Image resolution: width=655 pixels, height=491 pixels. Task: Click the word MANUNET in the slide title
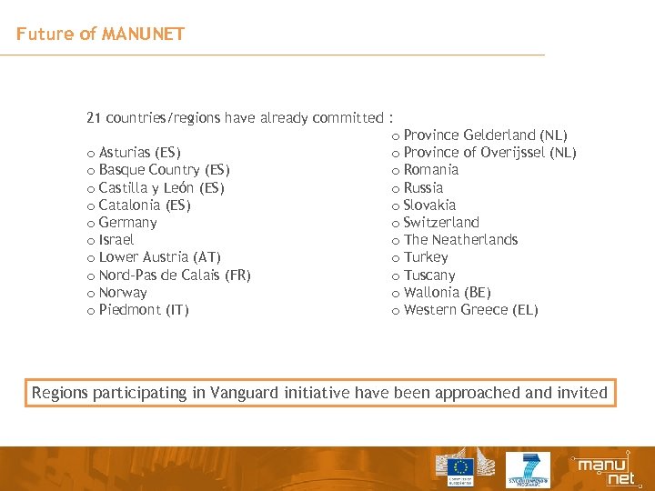coord(144,35)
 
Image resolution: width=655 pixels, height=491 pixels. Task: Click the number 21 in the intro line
coord(94,117)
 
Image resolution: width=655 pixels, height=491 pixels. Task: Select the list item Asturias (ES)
coord(139,153)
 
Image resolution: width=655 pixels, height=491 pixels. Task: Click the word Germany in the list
coord(127,223)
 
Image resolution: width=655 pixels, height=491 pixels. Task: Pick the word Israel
coord(116,240)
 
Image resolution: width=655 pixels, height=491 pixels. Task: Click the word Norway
coord(123,293)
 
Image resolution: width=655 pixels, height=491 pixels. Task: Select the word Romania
coord(430,170)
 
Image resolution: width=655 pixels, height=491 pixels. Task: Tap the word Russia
coord(423,188)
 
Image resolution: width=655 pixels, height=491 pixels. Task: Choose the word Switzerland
coord(441,223)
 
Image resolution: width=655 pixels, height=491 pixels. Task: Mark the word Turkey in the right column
coord(425,257)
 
